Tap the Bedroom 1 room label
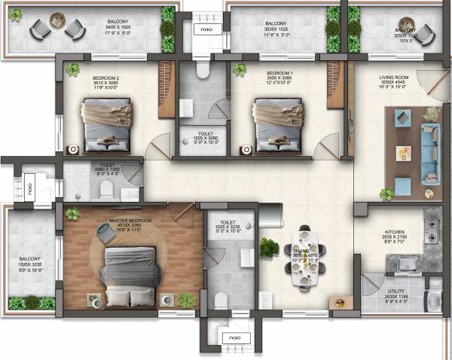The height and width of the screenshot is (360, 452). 278,78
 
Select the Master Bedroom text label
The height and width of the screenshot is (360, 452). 130,220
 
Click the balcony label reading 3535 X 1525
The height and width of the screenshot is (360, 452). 277,28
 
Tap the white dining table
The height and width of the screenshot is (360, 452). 305,258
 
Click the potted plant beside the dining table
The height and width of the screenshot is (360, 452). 269,248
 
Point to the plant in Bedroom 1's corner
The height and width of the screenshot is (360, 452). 240,71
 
